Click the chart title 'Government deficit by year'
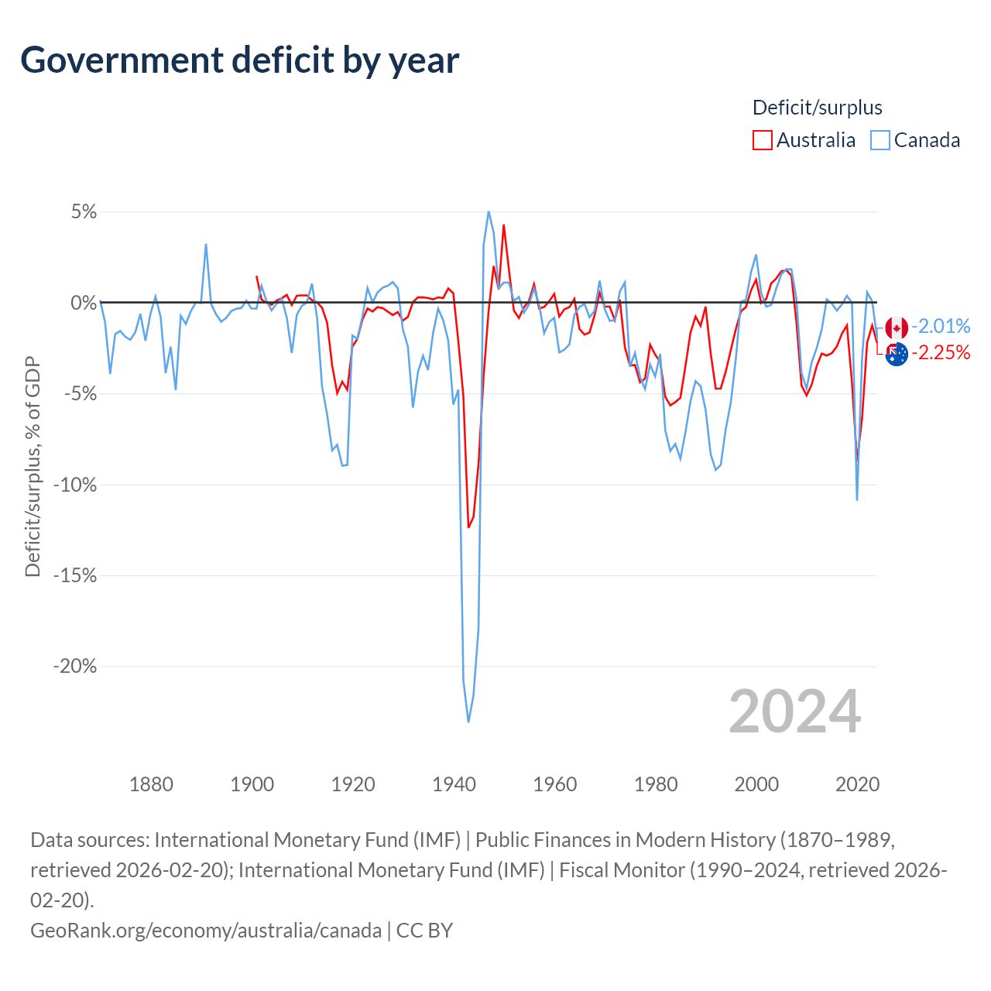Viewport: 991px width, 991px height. point(240,60)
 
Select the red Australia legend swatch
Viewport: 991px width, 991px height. point(762,140)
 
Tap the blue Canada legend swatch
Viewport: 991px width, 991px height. point(880,140)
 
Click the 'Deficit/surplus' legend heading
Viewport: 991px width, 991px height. point(817,108)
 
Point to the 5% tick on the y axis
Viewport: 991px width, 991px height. point(84,212)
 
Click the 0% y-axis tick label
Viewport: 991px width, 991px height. point(84,303)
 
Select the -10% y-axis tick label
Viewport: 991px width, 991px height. point(74,485)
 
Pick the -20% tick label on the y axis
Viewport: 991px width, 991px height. point(74,667)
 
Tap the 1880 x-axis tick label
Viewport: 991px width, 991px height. point(151,784)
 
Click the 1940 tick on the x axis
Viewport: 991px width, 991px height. point(454,784)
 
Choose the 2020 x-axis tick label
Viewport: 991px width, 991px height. point(857,784)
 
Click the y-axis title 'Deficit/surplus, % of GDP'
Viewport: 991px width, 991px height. point(33,467)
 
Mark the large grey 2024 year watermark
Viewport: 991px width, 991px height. point(794,712)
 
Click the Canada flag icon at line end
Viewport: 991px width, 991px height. point(897,327)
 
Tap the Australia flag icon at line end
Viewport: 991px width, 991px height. point(897,355)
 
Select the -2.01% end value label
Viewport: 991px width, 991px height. point(941,326)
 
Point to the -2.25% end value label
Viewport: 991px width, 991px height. point(941,353)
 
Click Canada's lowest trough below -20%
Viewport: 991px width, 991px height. point(468,722)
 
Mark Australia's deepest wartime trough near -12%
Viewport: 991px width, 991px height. point(468,527)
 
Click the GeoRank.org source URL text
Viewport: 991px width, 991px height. point(205,930)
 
